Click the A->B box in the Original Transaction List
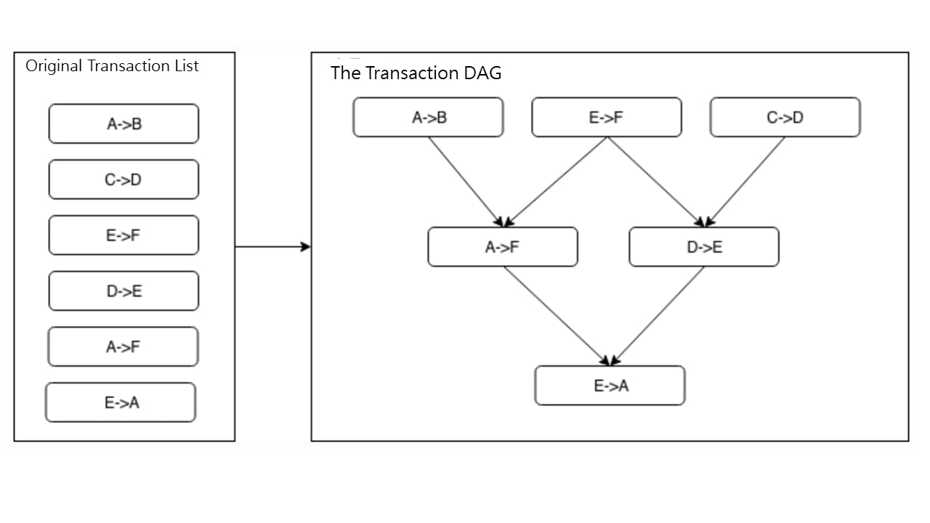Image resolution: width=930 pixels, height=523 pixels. point(124,124)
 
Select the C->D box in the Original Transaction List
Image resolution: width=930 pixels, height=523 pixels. point(124,180)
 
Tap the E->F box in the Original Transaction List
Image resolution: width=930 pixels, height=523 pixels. point(124,235)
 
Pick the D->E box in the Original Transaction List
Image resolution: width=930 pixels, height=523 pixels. point(124,291)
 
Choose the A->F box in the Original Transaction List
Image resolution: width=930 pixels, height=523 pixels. point(124,347)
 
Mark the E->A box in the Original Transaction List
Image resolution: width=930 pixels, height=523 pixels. point(121,402)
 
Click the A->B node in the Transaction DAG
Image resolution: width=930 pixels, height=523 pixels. point(428,118)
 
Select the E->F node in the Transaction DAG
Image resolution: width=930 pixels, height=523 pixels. point(607,118)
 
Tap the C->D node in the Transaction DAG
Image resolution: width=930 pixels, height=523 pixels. point(785,118)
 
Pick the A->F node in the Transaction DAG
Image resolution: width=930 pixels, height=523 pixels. point(503,247)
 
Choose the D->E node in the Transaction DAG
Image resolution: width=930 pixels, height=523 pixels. point(704,247)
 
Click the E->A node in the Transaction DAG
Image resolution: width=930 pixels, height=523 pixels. point(610,386)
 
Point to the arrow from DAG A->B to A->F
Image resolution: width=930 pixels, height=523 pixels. point(465,182)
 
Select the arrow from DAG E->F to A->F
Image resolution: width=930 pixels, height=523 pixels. point(556,182)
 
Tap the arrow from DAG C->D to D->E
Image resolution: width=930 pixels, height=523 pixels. point(745,182)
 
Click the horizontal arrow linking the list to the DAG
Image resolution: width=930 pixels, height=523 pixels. point(272,247)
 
